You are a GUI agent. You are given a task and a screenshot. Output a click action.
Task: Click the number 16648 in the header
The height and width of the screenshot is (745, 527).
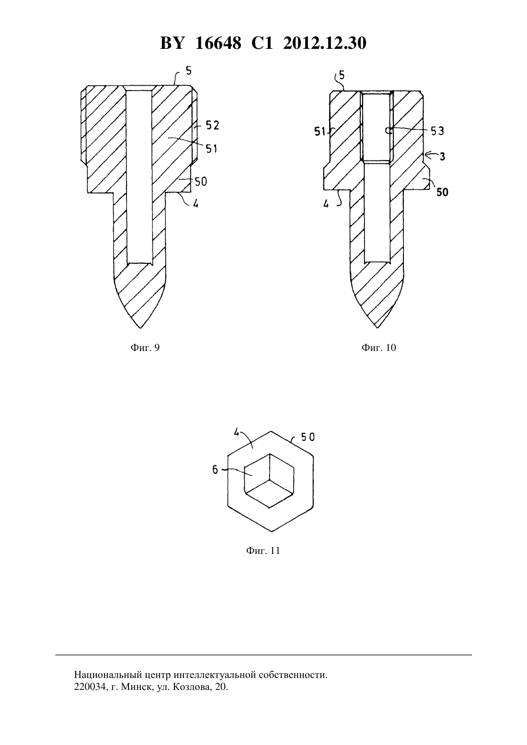pyautogui.click(x=218, y=43)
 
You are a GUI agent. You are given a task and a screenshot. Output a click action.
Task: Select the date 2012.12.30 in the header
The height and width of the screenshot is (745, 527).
pyautogui.click(x=325, y=43)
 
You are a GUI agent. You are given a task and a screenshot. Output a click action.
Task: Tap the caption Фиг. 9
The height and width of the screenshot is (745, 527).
pyautogui.click(x=145, y=348)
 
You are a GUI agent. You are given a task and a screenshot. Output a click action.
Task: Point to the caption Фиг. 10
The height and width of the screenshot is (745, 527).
pyautogui.click(x=379, y=348)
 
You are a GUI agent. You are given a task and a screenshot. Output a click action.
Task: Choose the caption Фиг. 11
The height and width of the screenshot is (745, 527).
pyautogui.click(x=263, y=551)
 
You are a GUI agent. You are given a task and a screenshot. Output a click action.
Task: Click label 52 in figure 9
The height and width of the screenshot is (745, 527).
pyautogui.click(x=212, y=125)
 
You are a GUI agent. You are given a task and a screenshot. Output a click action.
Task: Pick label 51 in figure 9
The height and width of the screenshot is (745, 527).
pyautogui.click(x=211, y=148)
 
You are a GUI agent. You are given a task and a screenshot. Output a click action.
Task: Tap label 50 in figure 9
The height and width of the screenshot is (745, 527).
pyautogui.click(x=201, y=181)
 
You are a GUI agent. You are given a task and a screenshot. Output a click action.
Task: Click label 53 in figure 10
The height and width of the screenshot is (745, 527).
pyautogui.click(x=437, y=131)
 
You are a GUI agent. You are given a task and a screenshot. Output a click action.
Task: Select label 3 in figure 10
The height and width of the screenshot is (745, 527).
pyautogui.click(x=442, y=156)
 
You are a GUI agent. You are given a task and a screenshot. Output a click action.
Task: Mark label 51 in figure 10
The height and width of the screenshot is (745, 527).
pyautogui.click(x=320, y=132)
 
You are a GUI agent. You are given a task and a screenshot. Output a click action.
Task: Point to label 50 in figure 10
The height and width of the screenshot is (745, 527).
pyautogui.click(x=442, y=192)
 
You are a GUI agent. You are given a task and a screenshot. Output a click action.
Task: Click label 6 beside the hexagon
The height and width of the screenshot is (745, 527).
pyautogui.click(x=215, y=470)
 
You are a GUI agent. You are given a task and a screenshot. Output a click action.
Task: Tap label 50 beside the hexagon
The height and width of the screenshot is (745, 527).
pyautogui.click(x=308, y=437)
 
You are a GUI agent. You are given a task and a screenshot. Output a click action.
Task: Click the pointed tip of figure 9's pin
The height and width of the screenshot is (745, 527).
pyautogui.click(x=140, y=328)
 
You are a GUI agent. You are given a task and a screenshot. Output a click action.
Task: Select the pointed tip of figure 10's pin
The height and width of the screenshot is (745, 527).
pyautogui.click(x=378, y=327)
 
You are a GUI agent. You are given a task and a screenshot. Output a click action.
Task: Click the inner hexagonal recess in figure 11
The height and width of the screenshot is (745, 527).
pyautogui.click(x=269, y=481)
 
